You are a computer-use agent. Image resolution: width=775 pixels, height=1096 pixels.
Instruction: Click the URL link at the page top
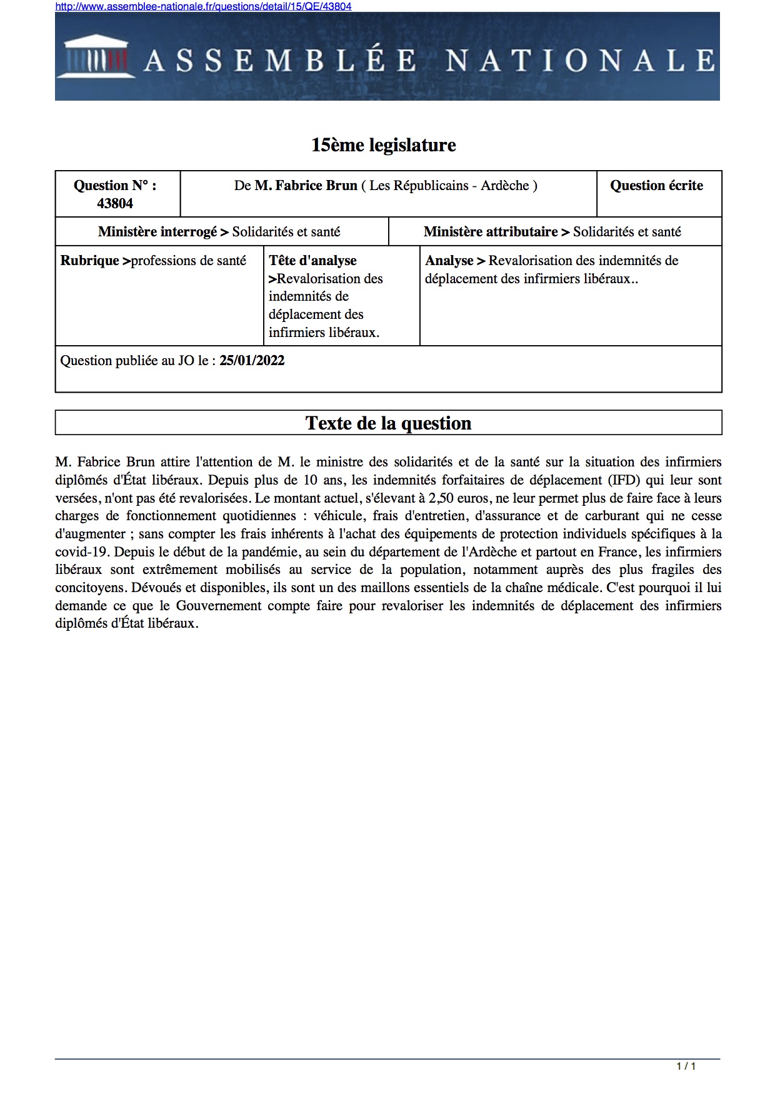(203, 6)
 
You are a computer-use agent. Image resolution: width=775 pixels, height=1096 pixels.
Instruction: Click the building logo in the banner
(96, 58)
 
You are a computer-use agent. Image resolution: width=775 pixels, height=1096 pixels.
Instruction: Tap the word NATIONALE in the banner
(580, 61)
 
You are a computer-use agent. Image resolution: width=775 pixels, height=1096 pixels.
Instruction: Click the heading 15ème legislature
(384, 145)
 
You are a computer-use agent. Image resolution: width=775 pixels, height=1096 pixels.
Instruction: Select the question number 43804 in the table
(115, 203)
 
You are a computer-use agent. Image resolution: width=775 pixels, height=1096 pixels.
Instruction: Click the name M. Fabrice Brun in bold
(306, 186)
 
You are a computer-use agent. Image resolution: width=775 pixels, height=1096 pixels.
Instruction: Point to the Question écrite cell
(656, 186)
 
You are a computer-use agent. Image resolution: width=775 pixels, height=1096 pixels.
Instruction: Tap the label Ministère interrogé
(157, 232)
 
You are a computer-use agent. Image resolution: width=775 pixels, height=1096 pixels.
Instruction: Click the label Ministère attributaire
(491, 232)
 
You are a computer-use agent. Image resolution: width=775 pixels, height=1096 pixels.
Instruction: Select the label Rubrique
(89, 261)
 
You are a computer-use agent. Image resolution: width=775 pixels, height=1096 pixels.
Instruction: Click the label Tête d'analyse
(312, 261)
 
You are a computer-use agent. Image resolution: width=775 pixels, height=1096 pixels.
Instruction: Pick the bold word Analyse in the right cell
(449, 261)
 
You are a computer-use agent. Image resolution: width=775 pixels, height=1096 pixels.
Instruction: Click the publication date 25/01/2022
(252, 361)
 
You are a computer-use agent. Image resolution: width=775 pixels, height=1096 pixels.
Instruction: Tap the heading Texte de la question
(388, 423)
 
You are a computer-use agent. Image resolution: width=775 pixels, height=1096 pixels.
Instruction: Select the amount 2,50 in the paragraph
(441, 498)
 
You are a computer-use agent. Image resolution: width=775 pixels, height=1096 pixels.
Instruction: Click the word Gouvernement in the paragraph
(219, 606)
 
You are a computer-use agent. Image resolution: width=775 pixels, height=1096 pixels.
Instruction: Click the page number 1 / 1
(686, 1066)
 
